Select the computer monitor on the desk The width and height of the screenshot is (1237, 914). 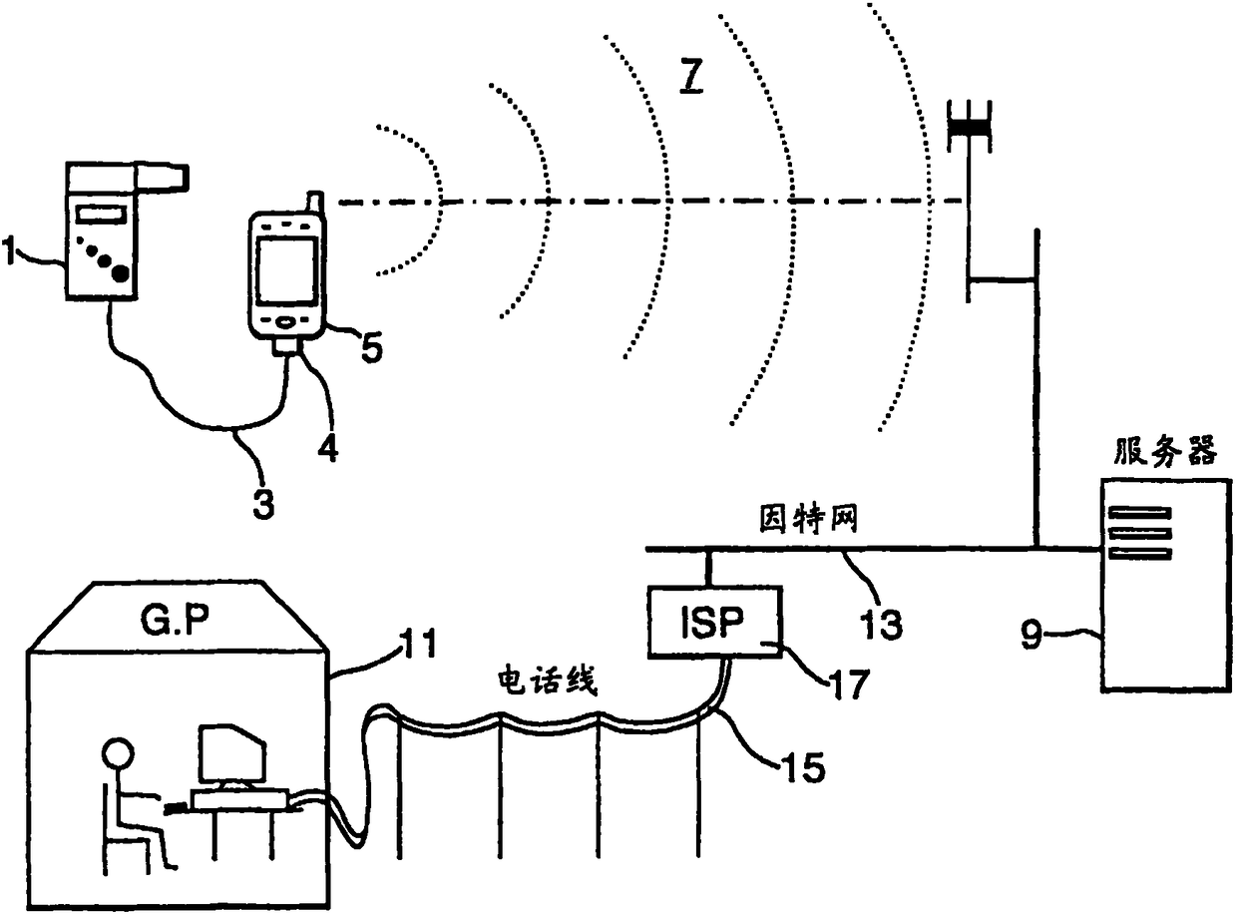[x=231, y=754]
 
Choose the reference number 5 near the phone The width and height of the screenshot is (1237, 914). [x=370, y=348]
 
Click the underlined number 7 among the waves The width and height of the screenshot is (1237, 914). [x=691, y=78]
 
